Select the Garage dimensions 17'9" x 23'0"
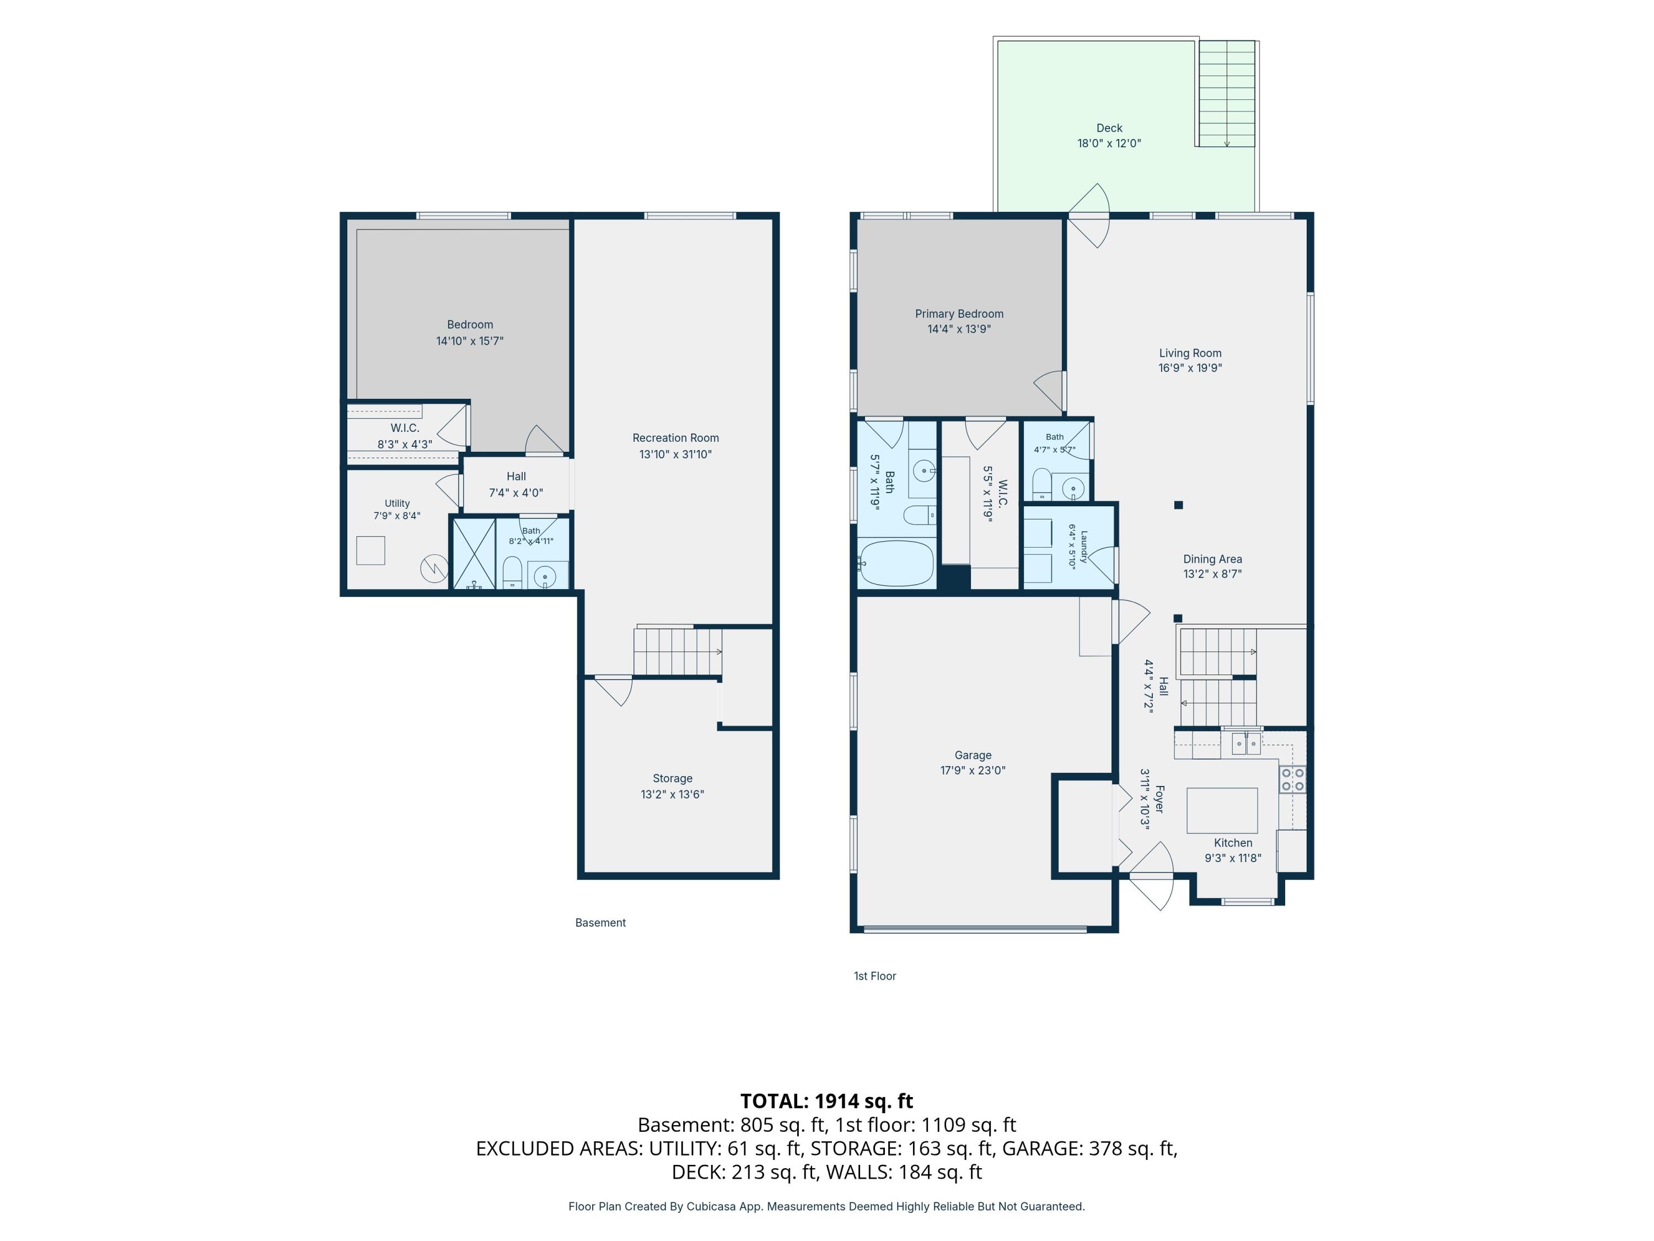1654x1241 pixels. point(973,770)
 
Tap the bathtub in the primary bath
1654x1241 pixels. point(896,563)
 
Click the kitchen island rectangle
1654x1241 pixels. point(1222,810)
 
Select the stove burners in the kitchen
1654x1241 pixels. point(1293,779)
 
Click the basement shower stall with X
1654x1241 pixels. point(474,552)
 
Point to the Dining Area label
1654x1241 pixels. point(1212,559)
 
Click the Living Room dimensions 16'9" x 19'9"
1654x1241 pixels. point(1190,368)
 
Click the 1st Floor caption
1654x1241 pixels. point(875,976)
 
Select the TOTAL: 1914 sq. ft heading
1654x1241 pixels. point(826,1100)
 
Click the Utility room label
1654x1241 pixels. point(397,504)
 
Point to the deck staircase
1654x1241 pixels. point(1227,94)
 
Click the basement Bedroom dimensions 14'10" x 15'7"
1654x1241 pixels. point(470,341)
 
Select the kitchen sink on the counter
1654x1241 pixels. point(1245,743)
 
